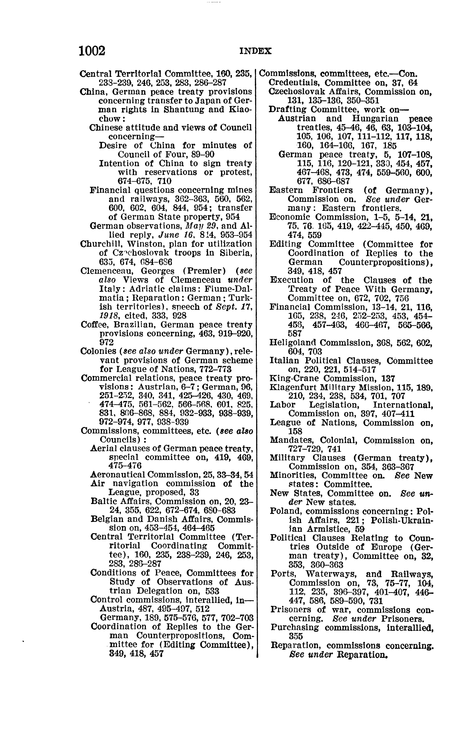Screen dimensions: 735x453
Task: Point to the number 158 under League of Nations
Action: (295, 432)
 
